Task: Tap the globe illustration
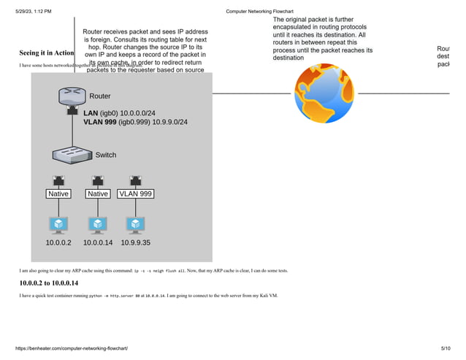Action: (324, 93)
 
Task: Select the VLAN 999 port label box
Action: (135, 194)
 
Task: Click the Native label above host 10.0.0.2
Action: (58, 194)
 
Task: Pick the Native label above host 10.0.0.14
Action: (97, 194)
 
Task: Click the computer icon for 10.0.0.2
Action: (58, 223)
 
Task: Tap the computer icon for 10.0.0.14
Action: (97, 223)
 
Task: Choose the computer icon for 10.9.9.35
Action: (135, 223)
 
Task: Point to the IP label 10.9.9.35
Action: (136, 242)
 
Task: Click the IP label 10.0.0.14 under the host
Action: (98, 242)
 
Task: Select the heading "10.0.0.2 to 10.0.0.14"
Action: (48, 283)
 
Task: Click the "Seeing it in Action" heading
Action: (46, 53)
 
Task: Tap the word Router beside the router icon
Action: (100, 96)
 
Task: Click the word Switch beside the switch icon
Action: (106, 155)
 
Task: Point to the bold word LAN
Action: (91, 113)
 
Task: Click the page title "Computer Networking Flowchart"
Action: (259, 12)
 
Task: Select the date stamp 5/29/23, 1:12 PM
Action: (34, 12)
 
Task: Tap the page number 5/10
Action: (446, 349)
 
